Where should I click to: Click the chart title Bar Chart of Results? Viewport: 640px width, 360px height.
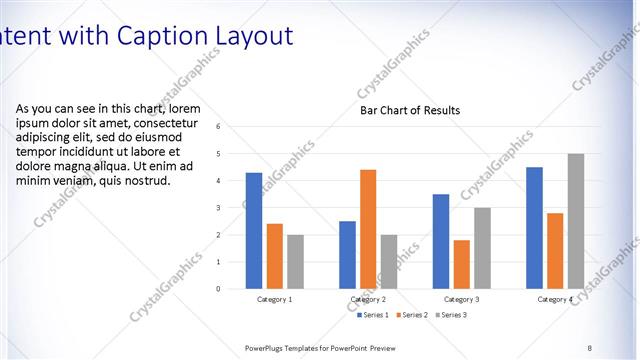pos(410,110)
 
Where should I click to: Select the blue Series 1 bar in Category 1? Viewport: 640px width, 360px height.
pos(254,231)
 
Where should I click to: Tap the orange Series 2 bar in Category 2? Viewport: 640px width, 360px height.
pos(368,229)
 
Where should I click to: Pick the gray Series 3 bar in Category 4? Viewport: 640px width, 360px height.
pos(575,221)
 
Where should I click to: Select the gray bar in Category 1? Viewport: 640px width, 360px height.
pos(295,262)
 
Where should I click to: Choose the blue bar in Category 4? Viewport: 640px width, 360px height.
pos(534,228)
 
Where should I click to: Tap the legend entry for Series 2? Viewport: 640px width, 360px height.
pos(411,315)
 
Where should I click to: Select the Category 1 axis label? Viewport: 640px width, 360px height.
pos(275,299)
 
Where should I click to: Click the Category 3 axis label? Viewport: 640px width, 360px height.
pos(461,299)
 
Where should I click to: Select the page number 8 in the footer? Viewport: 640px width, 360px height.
pos(589,347)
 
